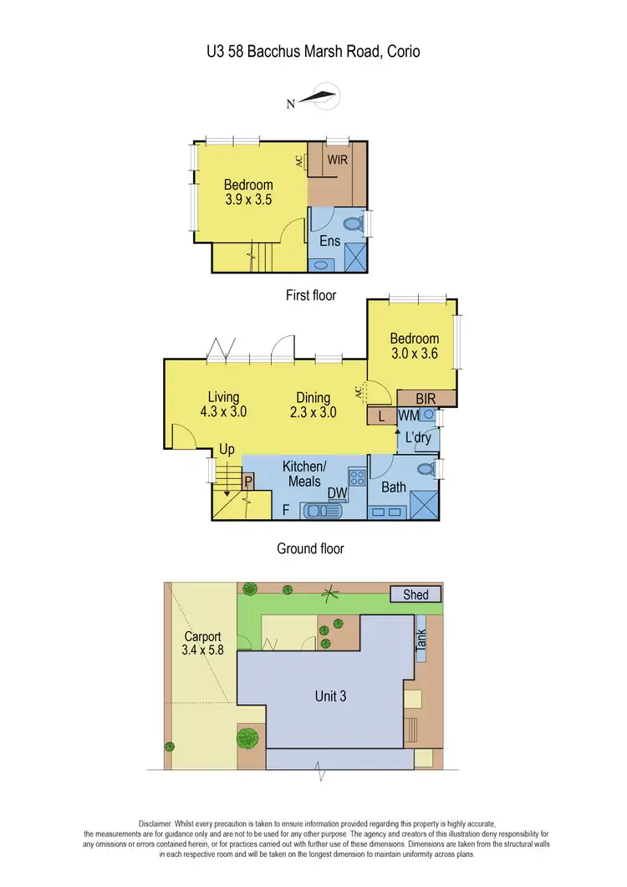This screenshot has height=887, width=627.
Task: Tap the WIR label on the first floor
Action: [x=337, y=159]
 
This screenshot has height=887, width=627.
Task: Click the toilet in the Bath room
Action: [x=425, y=469]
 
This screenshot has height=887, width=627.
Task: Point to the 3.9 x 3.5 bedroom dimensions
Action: [x=248, y=200]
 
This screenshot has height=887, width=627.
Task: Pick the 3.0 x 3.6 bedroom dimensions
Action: [x=414, y=354]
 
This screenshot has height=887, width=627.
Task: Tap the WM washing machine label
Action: [x=408, y=415]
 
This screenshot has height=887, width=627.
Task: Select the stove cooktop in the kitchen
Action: [x=358, y=477]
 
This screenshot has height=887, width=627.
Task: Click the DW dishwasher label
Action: [x=337, y=494]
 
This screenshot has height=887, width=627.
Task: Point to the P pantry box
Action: [x=248, y=482]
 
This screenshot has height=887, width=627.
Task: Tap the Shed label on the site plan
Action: [x=415, y=594]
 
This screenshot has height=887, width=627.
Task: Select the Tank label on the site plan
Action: [x=421, y=642]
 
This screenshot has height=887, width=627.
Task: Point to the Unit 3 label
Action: [x=331, y=696]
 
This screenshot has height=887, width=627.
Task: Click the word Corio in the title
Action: [x=399, y=52]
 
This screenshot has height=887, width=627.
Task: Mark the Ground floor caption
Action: [x=310, y=548]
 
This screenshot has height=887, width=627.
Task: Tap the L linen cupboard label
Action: [x=381, y=415]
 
